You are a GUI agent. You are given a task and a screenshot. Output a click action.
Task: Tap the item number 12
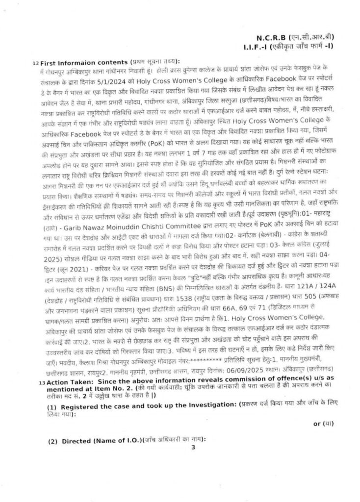[x=35, y=63]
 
